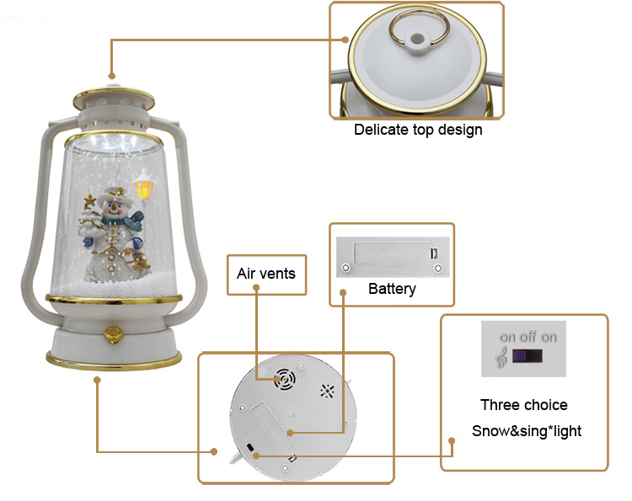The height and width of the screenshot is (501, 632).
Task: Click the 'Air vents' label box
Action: [x=266, y=274]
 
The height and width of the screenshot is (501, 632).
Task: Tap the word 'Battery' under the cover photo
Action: [x=392, y=289]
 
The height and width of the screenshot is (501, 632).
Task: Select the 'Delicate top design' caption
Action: [x=418, y=130]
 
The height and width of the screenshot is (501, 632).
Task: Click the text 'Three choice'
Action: [x=523, y=405]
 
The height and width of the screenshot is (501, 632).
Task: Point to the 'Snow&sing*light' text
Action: [x=526, y=431]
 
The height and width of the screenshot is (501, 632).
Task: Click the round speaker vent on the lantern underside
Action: [x=284, y=380]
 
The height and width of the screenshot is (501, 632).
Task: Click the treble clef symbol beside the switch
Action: [x=502, y=357]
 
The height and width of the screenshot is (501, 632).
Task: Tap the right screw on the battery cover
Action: [x=437, y=268]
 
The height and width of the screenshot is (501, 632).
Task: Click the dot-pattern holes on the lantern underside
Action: [x=327, y=391]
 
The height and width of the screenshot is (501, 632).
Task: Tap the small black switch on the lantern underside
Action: [x=250, y=446]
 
